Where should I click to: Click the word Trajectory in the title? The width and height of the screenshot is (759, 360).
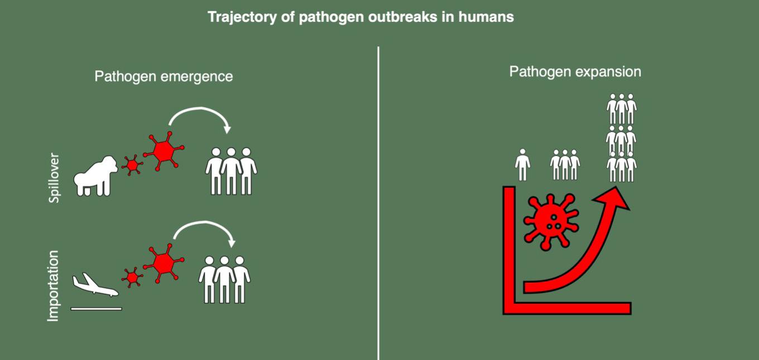pyautogui.click(x=235, y=17)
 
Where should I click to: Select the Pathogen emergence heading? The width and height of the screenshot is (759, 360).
pyautogui.click(x=164, y=76)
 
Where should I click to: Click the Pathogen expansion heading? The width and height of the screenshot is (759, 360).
pyautogui.click(x=575, y=72)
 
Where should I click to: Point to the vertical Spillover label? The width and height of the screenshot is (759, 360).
pyautogui.click(x=54, y=177)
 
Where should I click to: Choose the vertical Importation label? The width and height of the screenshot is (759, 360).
pyautogui.click(x=53, y=286)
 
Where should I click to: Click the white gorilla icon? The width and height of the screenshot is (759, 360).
pyautogui.click(x=96, y=175)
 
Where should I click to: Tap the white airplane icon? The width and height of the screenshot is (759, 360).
pyautogui.click(x=95, y=285)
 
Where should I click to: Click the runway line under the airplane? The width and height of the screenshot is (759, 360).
pyautogui.click(x=96, y=308)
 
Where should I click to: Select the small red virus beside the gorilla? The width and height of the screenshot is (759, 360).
pyautogui.click(x=132, y=165)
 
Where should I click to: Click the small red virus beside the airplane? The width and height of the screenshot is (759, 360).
pyautogui.click(x=132, y=276)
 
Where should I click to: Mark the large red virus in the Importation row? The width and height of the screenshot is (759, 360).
pyautogui.click(x=164, y=263)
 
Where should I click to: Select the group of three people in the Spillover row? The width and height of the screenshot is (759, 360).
pyautogui.click(x=231, y=171)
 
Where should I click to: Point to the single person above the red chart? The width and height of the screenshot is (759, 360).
pyautogui.click(x=522, y=165)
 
